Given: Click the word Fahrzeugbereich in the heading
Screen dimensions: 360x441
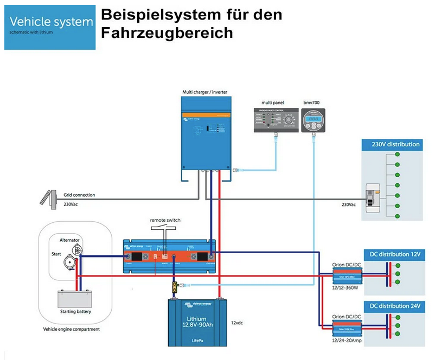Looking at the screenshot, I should point(167,33).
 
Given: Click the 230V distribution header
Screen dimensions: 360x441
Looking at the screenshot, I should point(392,145).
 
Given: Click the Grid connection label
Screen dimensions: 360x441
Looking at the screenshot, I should point(80,195).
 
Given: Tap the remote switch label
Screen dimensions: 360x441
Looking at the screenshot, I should point(165,220).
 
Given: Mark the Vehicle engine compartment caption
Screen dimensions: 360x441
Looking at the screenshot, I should point(71,329).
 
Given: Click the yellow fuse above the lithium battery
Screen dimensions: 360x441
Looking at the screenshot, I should point(175,287).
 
